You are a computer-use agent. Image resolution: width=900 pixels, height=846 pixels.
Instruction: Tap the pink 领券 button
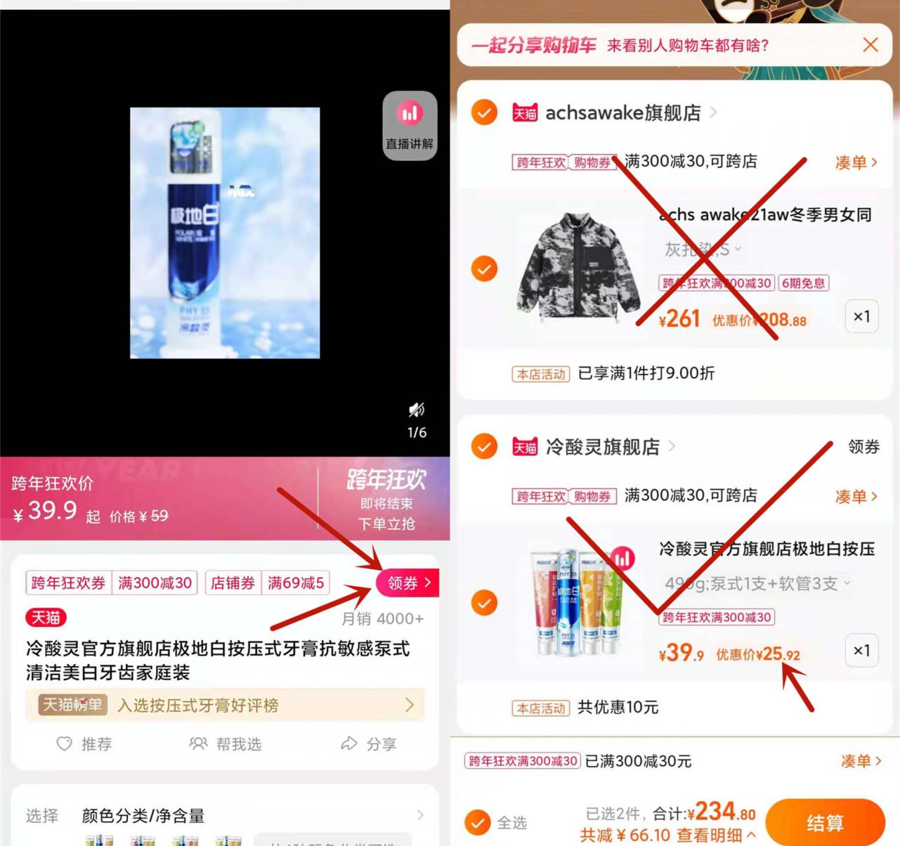point(408,583)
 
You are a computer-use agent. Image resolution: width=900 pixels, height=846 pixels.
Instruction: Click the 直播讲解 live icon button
point(410,125)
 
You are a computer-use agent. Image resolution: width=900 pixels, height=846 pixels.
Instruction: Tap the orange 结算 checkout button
point(824,822)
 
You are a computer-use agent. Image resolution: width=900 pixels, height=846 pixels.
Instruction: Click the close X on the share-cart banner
point(870,45)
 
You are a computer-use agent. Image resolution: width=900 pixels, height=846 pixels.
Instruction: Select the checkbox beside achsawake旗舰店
point(484,112)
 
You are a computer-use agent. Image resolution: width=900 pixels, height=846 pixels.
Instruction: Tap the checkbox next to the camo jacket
point(484,268)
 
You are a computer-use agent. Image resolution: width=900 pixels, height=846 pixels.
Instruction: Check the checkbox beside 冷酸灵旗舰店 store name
point(484,446)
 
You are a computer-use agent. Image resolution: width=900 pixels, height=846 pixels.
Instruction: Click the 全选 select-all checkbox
point(478,822)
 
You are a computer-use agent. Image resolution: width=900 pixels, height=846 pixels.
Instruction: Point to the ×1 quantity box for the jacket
point(861,316)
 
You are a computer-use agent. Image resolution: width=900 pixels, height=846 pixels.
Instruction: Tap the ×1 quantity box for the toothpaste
point(861,651)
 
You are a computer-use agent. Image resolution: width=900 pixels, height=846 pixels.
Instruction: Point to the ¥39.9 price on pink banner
point(45,510)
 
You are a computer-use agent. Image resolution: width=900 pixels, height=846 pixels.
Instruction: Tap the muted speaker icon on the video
point(417,409)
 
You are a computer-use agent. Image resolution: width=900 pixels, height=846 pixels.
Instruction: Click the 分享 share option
point(370,743)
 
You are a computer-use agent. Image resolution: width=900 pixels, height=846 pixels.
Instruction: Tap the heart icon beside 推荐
point(64,743)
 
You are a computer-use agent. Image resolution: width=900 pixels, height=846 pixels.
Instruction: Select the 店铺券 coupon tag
point(233,583)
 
